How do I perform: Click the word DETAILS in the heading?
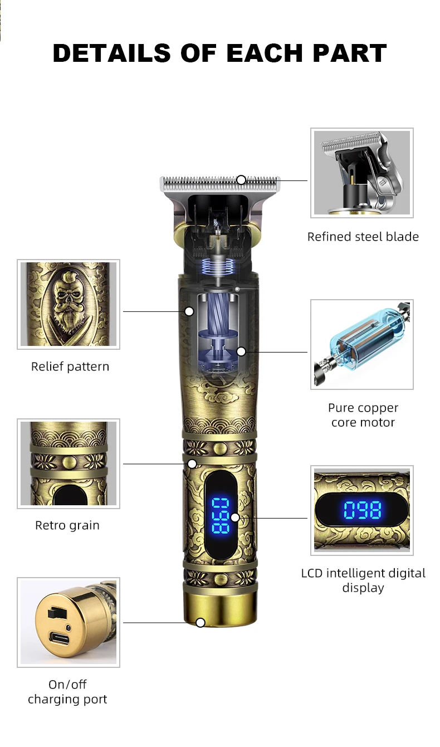click(111, 53)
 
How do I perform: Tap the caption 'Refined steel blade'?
click(363, 237)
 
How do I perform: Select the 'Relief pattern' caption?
click(70, 367)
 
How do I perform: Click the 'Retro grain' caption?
click(67, 525)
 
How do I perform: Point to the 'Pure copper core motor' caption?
click(363, 415)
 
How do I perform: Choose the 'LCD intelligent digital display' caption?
click(363, 580)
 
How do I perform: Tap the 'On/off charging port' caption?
click(67, 692)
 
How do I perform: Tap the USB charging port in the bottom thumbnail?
click(59, 639)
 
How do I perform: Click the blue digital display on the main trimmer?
click(221, 514)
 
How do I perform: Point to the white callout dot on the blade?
click(241, 179)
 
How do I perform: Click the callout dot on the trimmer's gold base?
click(201, 622)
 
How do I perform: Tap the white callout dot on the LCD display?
click(235, 517)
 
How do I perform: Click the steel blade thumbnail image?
click(362, 173)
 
